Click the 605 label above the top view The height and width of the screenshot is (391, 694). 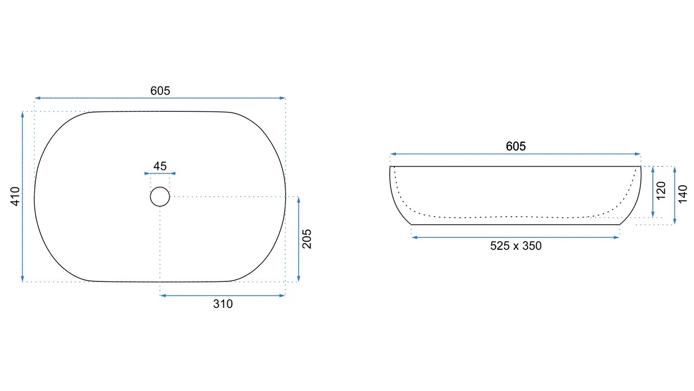160,91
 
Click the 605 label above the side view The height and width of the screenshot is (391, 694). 516,146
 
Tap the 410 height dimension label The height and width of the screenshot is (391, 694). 15,197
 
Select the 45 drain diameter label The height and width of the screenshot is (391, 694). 160,166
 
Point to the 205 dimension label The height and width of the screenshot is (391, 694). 307,239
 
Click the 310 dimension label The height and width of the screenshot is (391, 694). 223,304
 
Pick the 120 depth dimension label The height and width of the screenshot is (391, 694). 661,191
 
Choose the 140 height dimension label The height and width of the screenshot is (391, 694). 683,194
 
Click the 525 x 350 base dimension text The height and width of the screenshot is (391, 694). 516,246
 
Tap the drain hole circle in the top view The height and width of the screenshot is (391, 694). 160,187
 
